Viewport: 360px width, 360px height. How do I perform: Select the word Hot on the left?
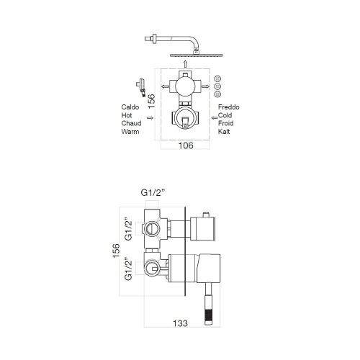[x=128, y=115]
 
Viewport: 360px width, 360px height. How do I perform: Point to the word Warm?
[x=132, y=132]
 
